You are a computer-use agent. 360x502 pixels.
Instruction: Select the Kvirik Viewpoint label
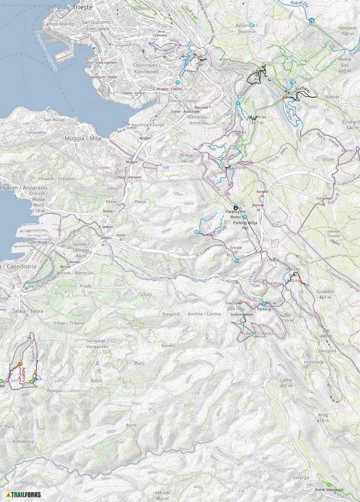coord(329,490)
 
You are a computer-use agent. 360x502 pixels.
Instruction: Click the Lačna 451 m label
coord(286,383)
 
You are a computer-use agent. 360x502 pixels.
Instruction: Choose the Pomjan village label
coord(55,390)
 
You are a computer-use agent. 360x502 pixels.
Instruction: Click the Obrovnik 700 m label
coord(348,31)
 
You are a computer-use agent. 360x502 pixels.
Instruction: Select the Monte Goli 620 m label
coord(345,65)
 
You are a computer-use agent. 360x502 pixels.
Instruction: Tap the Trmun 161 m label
coord(187,158)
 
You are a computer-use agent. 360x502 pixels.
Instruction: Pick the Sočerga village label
coord(300,477)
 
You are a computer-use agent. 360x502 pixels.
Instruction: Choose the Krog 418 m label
coord(323,418)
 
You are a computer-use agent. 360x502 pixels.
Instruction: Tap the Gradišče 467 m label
coord(325,295)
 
